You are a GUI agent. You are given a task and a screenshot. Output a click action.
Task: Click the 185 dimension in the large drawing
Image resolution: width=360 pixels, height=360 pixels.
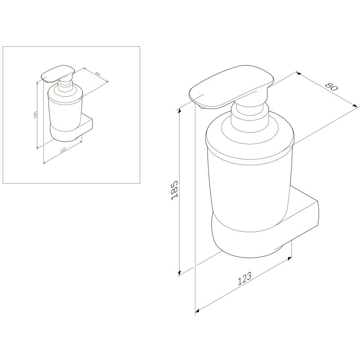pyautogui.click(x=175, y=190)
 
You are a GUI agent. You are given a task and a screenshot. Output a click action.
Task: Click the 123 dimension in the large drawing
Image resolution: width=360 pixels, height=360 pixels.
pyautogui.click(x=244, y=279)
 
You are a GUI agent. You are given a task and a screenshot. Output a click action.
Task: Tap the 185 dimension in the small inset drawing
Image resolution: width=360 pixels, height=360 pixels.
pyautogui.click(x=36, y=114)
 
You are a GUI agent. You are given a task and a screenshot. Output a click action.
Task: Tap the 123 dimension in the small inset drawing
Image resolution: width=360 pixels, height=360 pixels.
pyautogui.click(x=63, y=150)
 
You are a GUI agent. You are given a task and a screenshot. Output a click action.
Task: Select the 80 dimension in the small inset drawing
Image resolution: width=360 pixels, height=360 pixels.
pyautogui.click(x=97, y=74)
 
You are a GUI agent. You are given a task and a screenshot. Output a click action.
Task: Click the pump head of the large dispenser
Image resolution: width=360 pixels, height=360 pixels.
pyautogui.click(x=232, y=87)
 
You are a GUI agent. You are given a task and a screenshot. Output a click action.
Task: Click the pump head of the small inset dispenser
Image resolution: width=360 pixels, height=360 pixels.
pyautogui.click(x=58, y=74)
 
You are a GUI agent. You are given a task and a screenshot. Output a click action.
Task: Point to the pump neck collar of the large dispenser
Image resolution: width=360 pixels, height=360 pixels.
pyautogui.click(x=249, y=115)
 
